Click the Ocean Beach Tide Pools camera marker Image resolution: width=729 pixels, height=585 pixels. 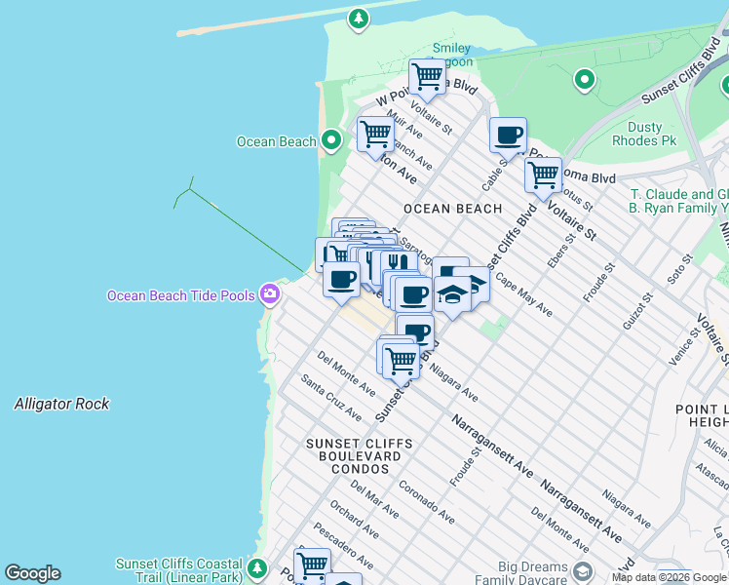click(270, 294)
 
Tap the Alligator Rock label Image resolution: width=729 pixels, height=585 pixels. click(61, 404)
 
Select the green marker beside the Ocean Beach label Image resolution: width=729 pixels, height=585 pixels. click(331, 141)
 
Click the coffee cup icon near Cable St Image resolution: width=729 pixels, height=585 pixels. click(507, 136)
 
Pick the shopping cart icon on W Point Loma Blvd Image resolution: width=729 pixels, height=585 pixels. click(427, 75)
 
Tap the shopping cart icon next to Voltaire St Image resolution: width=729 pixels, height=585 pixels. click(543, 175)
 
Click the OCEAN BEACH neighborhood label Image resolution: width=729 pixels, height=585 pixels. click(452, 209)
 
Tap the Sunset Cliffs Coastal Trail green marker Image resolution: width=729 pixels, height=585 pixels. click(257, 567)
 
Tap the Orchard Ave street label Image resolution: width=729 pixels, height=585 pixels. click(353, 521)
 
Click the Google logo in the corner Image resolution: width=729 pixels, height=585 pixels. click(32, 573)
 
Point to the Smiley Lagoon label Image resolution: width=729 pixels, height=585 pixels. click(451, 55)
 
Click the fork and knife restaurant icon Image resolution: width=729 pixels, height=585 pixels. click(394, 263)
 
